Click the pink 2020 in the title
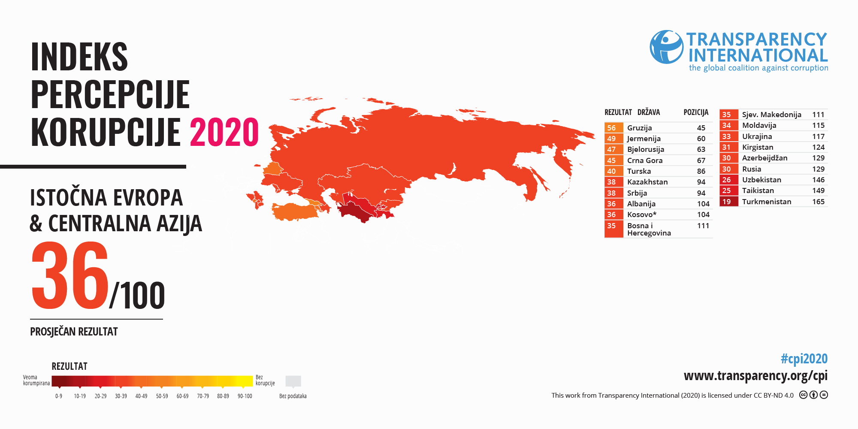coord(224,132)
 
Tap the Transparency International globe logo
coord(666,47)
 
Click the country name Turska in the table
coord(639,171)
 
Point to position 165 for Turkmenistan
coord(818,202)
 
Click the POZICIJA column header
coord(696,112)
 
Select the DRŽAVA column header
coord(648,112)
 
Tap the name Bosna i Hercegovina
coord(649,230)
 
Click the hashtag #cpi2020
coord(804,359)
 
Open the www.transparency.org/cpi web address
coord(755,376)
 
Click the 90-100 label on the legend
coord(245,396)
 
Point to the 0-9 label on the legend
coord(59,396)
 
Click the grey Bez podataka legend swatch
coord(293,381)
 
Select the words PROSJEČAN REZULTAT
coord(74,332)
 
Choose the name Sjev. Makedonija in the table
coord(771,115)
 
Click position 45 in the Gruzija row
coord(701,128)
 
